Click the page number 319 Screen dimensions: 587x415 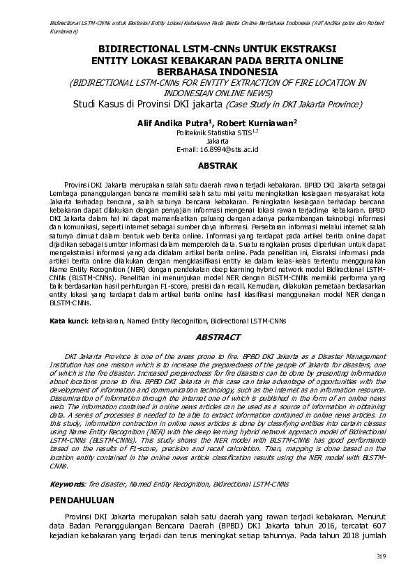pyautogui.click(x=380, y=556)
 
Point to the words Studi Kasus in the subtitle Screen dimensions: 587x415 pyautogui.click(x=100, y=105)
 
